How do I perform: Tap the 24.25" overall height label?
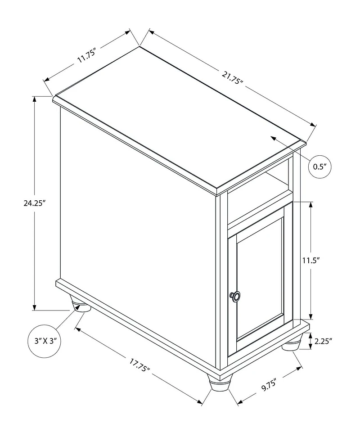point(35,203)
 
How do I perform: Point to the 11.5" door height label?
point(311,260)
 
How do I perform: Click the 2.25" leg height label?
point(324,341)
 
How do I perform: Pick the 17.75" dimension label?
point(140,365)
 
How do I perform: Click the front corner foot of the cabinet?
point(220,383)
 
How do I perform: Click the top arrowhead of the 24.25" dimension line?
point(35,99)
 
